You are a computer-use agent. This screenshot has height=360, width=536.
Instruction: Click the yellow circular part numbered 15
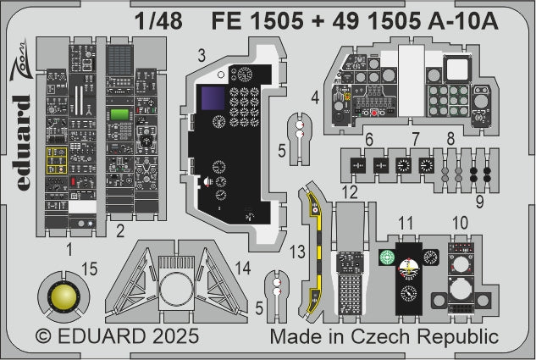point(62,297)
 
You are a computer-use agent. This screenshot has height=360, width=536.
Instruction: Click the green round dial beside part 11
point(389,259)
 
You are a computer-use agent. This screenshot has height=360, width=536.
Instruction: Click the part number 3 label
point(202,56)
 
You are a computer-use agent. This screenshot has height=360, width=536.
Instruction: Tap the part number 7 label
point(416,139)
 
